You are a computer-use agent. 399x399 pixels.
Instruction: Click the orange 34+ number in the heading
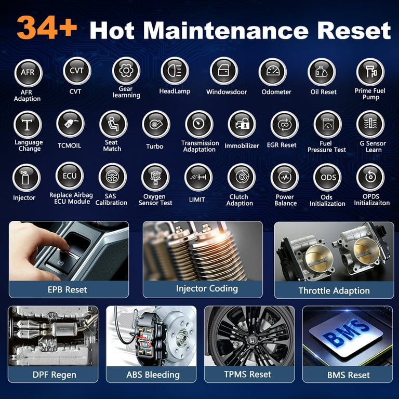tap(47, 27)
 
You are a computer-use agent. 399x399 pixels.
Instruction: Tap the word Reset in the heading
tap(354, 30)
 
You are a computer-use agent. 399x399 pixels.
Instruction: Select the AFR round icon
tap(28, 73)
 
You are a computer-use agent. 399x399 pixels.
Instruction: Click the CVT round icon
tap(77, 71)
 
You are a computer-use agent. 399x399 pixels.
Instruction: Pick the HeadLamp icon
tap(175, 71)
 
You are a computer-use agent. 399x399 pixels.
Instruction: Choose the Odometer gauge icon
tap(273, 72)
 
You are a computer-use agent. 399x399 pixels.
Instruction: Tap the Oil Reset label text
tap(324, 92)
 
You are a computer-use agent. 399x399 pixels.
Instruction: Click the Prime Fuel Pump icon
tap(370, 72)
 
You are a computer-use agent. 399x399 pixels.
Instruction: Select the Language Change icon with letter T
tap(28, 125)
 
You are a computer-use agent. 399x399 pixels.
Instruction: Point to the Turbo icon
tap(156, 124)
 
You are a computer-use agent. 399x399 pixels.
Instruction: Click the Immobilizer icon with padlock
tap(242, 124)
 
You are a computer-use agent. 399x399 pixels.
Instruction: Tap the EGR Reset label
tap(282, 145)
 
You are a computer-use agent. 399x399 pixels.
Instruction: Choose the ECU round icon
tap(70, 176)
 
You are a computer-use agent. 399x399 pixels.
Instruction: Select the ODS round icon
tap(327, 177)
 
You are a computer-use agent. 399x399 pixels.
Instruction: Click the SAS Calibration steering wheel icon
tap(112, 177)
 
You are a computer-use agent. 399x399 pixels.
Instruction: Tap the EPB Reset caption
tap(68, 289)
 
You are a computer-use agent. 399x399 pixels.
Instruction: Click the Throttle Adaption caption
tap(334, 290)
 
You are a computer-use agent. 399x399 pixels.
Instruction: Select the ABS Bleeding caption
tap(153, 375)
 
